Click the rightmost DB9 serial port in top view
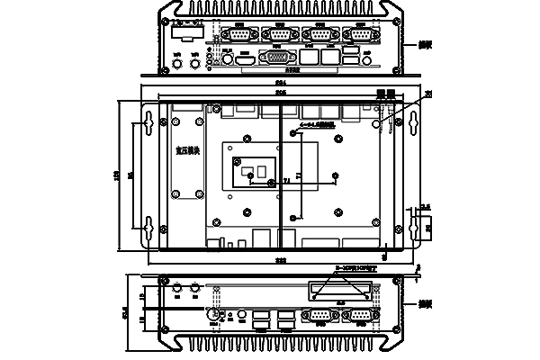click(x=363, y=34)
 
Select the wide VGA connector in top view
click(x=275, y=56)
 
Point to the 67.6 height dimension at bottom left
click(x=126, y=315)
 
